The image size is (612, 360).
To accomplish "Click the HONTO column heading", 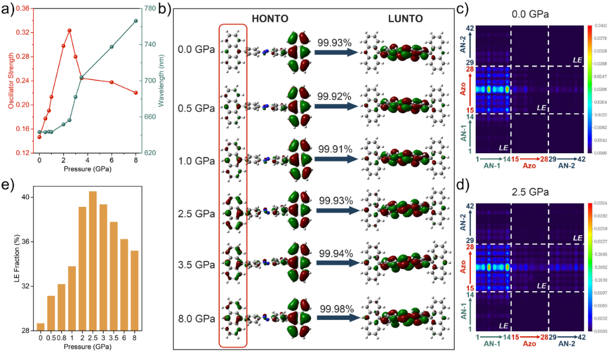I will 271,19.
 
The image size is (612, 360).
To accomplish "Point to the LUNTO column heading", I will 405,19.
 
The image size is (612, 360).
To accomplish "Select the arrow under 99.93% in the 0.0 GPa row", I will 335,52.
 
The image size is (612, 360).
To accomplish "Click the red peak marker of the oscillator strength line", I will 70,30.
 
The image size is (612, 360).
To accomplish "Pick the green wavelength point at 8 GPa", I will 135,21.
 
